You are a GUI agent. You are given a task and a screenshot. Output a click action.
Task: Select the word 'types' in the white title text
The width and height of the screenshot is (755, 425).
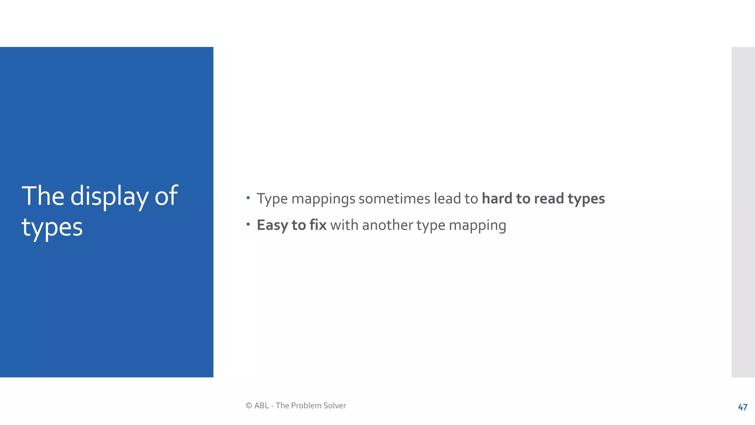click(52, 227)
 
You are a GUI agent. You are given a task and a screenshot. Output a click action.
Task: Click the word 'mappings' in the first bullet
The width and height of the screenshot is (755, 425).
click(323, 199)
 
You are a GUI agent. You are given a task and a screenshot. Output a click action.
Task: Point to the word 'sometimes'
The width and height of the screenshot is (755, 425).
click(394, 199)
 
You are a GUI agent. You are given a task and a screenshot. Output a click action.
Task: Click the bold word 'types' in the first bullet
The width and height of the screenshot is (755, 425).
click(586, 199)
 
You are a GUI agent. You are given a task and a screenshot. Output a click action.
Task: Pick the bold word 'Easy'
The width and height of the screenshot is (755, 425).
click(272, 225)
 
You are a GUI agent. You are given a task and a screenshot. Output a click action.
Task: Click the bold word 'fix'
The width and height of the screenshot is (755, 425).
click(318, 225)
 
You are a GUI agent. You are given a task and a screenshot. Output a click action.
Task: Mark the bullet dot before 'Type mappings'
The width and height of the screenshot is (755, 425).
click(248, 198)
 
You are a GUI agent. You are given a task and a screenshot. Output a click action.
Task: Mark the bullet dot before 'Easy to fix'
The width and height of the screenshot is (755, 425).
click(248, 224)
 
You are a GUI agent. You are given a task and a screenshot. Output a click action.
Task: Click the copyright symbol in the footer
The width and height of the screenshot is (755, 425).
click(249, 405)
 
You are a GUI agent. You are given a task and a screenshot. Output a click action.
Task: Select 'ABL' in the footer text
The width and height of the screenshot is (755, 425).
click(262, 405)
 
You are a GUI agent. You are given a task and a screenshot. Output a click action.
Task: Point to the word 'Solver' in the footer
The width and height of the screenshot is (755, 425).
click(335, 405)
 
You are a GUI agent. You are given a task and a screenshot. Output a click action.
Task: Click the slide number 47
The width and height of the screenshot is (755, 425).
click(742, 407)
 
